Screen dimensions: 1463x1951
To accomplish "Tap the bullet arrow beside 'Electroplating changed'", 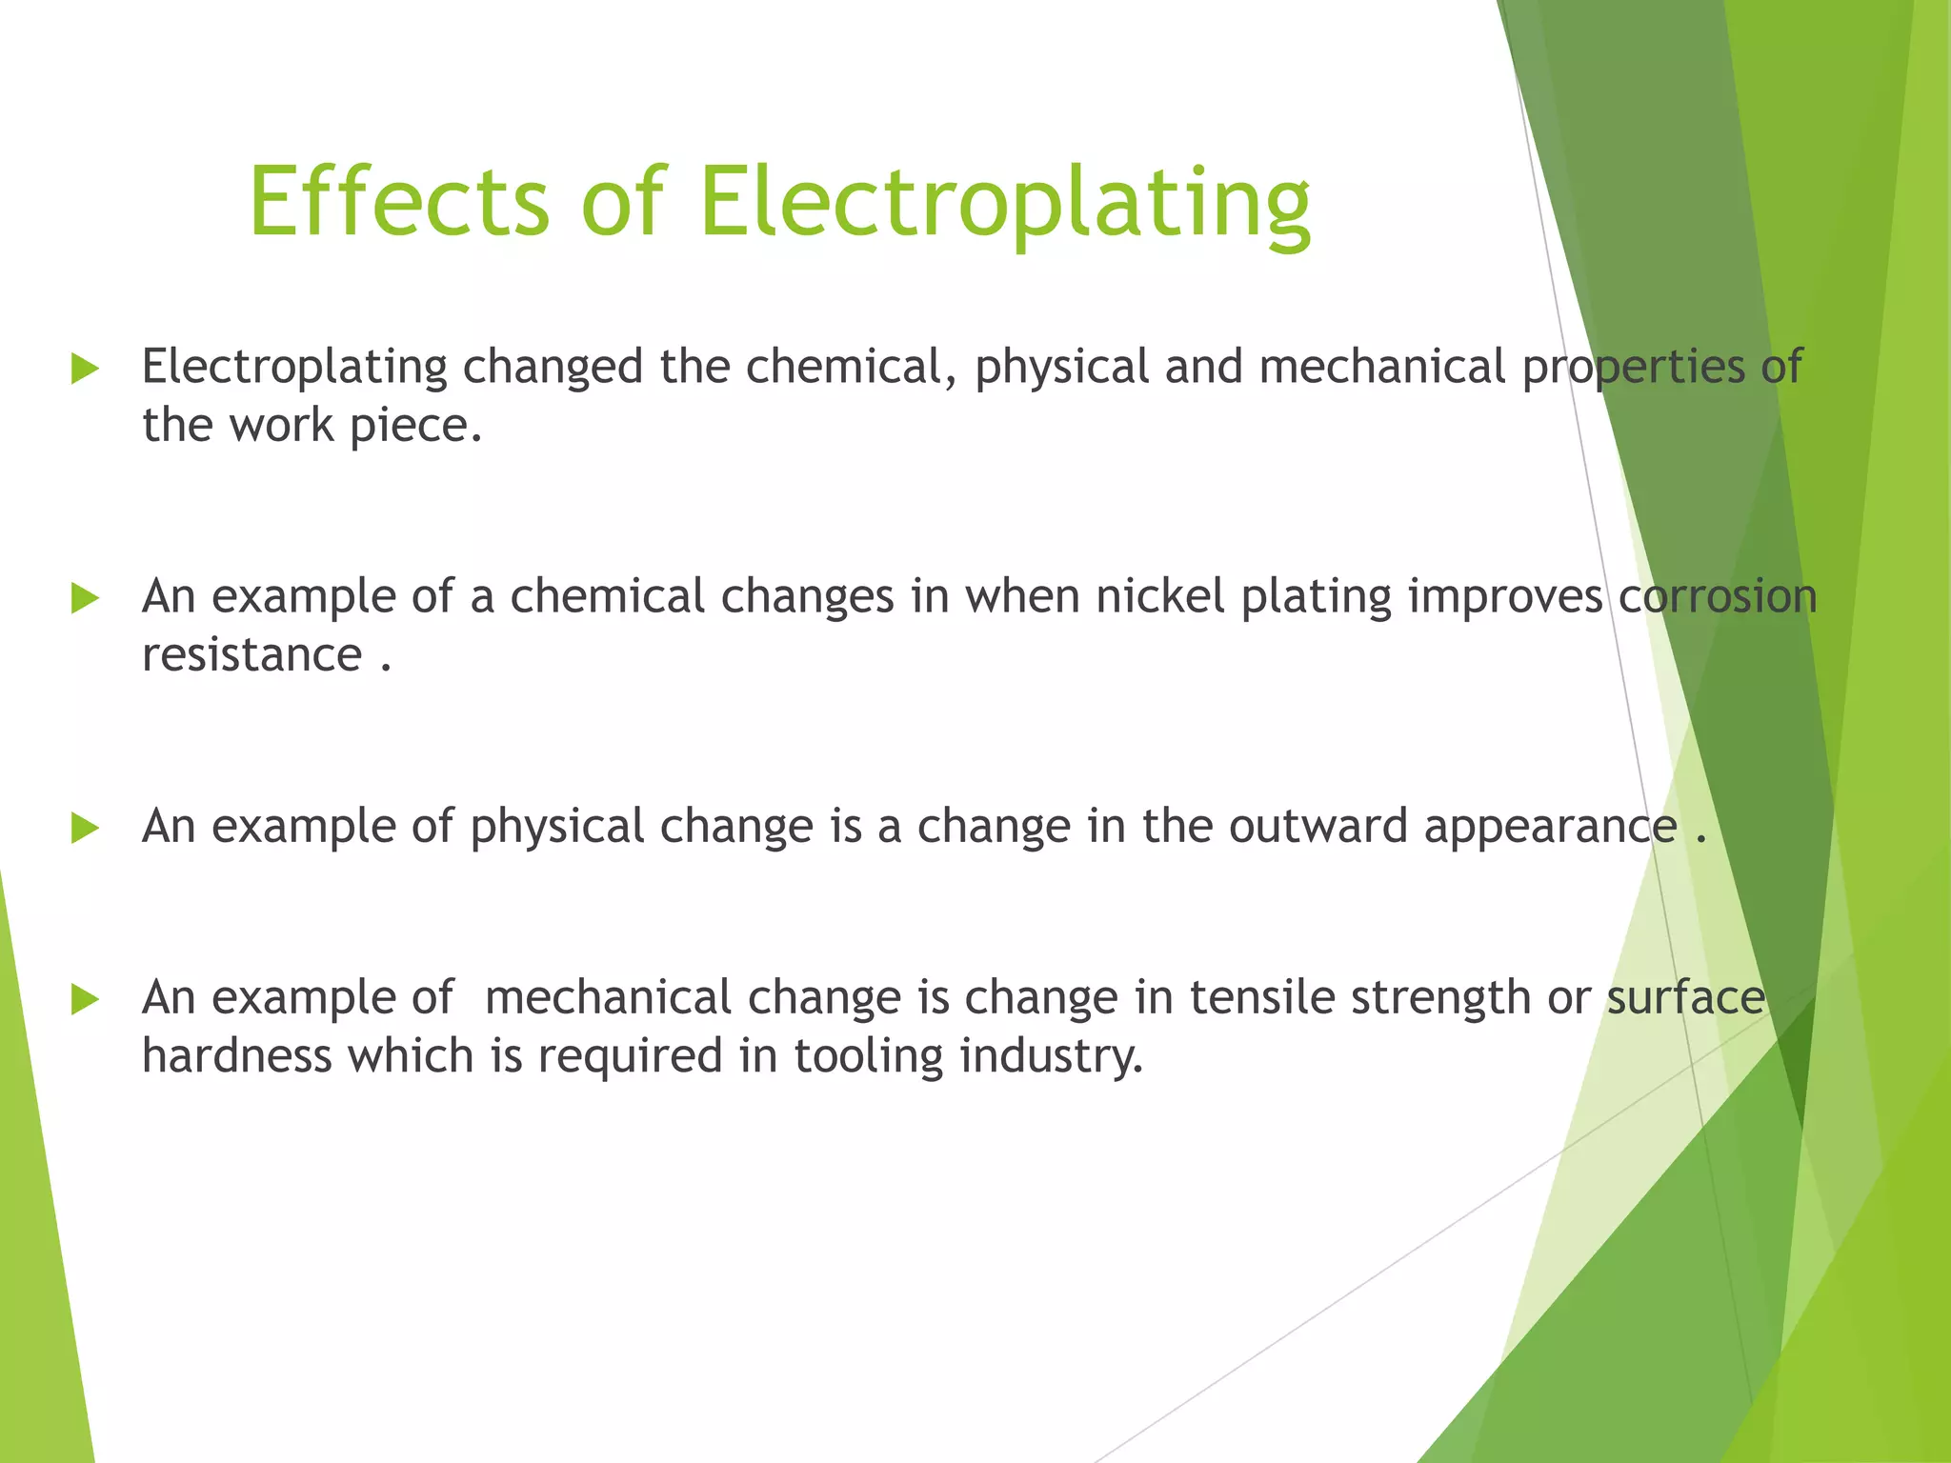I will [85, 369].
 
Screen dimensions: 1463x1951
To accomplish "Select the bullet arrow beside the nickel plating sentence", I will [85, 598].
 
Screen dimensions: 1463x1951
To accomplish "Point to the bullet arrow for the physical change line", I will [85, 828].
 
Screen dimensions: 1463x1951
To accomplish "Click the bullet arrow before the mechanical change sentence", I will [85, 999].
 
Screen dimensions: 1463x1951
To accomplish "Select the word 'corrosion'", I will [1718, 597].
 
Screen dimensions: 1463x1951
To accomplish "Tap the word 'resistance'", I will [251, 655].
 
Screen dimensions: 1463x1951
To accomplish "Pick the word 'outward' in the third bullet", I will [1317, 826].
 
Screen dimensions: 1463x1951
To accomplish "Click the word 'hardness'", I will [237, 1056].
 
